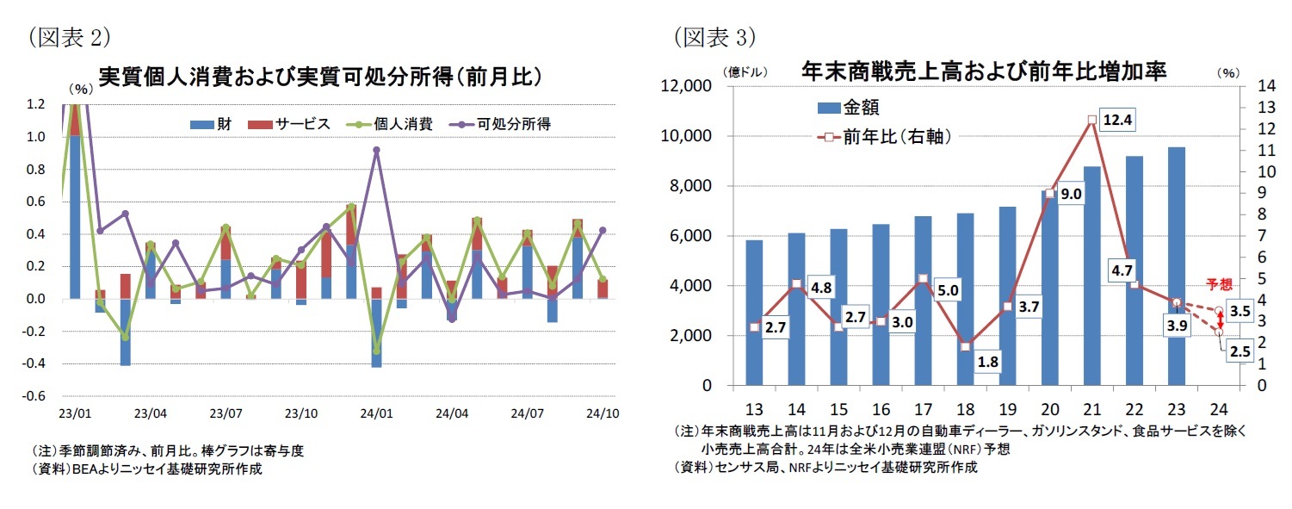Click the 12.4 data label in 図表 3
(x=1117, y=120)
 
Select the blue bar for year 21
(x=1091, y=276)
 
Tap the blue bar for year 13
(x=754, y=313)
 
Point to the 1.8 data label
(x=987, y=362)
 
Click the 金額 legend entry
(x=849, y=108)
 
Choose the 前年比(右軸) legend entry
(x=884, y=137)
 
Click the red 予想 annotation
(x=1220, y=284)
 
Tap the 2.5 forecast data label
(x=1239, y=351)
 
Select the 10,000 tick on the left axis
(x=686, y=135)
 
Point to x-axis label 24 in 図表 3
(x=1219, y=409)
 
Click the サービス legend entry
(x=289, y=124)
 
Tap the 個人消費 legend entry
(x=390, y=124)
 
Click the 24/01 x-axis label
(x=376, y=413)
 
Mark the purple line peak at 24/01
(x=376, y=150)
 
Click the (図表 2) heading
(x=69, y=38)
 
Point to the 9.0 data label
(x=1071, y=194)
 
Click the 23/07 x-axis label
(x=226, y=413)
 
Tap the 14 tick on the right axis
(x=1266, y=85)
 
